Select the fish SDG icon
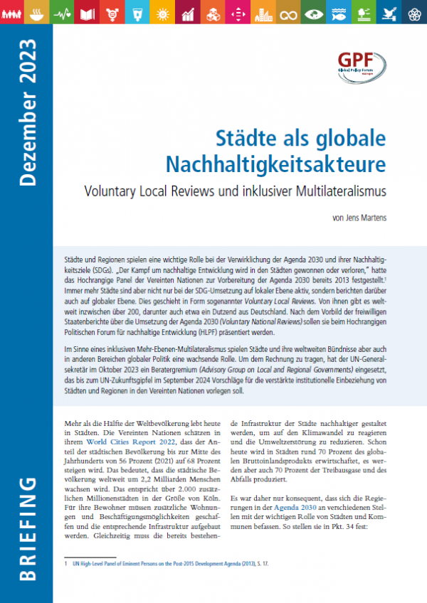pos(342,12)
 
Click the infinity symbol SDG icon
pos(288,12)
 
